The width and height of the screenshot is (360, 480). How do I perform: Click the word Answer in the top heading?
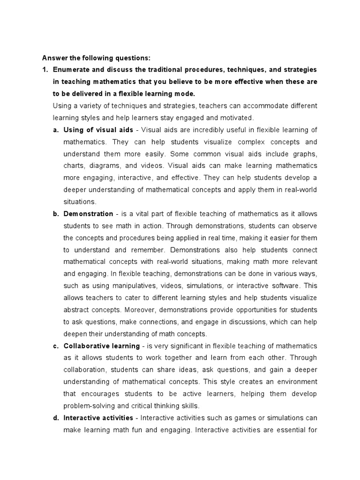point(54,58)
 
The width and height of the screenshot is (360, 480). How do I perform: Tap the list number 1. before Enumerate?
point(45,70)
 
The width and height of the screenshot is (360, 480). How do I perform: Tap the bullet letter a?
point(55,130)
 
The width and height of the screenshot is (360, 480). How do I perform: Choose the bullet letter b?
point(55,214)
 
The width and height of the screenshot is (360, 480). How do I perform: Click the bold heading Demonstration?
point(88,214)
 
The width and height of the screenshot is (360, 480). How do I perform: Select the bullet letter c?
point(55,346)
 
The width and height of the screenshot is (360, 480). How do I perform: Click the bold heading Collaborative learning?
point(101,346)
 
